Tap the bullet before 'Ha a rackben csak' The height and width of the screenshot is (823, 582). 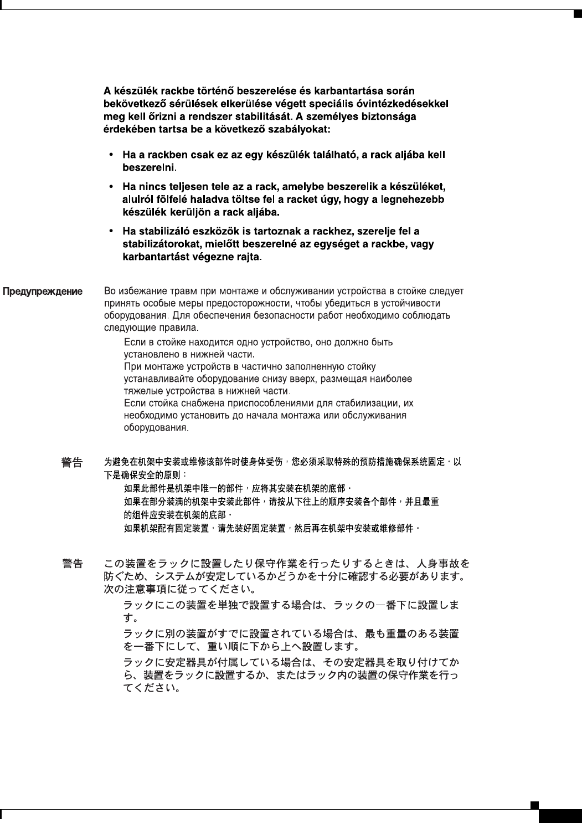point(112,155)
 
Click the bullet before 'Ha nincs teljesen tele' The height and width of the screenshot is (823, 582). point(112,187)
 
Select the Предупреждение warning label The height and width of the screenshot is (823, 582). point(43,292)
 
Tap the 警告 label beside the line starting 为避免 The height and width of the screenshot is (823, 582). point(72,462)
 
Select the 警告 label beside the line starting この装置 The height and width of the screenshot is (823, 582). point(72,564)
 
